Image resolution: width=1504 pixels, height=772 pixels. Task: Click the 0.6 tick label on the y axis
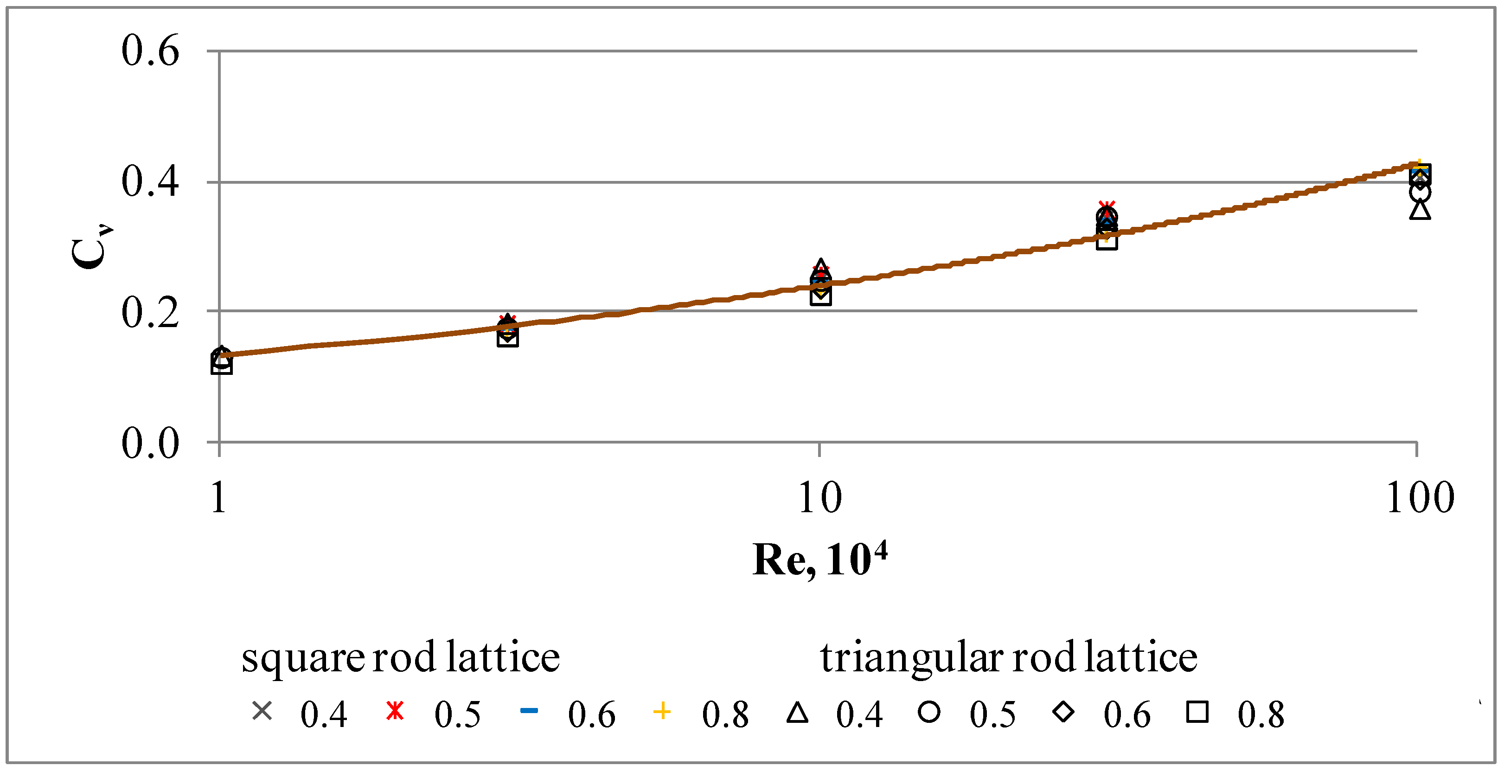[x=149, y=51]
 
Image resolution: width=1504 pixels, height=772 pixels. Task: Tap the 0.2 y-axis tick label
[x=149, y=312]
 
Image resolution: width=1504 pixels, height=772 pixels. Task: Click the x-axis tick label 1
[x=218, y=497]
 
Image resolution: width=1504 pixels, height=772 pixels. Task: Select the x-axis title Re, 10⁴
[x=819, y=560]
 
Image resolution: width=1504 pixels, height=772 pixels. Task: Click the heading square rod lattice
[x=401, y=657]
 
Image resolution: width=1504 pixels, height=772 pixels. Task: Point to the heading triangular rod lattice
[x=1008, y=657]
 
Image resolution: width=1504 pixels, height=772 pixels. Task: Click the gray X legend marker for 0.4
[x=262, y=711]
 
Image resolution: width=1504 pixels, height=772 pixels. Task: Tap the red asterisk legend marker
[x=395, y=711]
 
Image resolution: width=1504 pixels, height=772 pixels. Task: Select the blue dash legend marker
[x=529, y=711]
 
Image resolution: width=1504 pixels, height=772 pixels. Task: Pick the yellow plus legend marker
[x=662, y=711]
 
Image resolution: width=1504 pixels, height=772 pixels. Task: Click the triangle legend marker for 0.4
[x=797, y=713]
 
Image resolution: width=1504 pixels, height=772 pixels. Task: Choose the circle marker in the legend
[x=929, y=712]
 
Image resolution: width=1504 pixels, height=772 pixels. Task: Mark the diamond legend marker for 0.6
[x=1063, y=712]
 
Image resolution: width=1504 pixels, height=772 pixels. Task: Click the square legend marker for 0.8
[x=1197, y=712]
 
